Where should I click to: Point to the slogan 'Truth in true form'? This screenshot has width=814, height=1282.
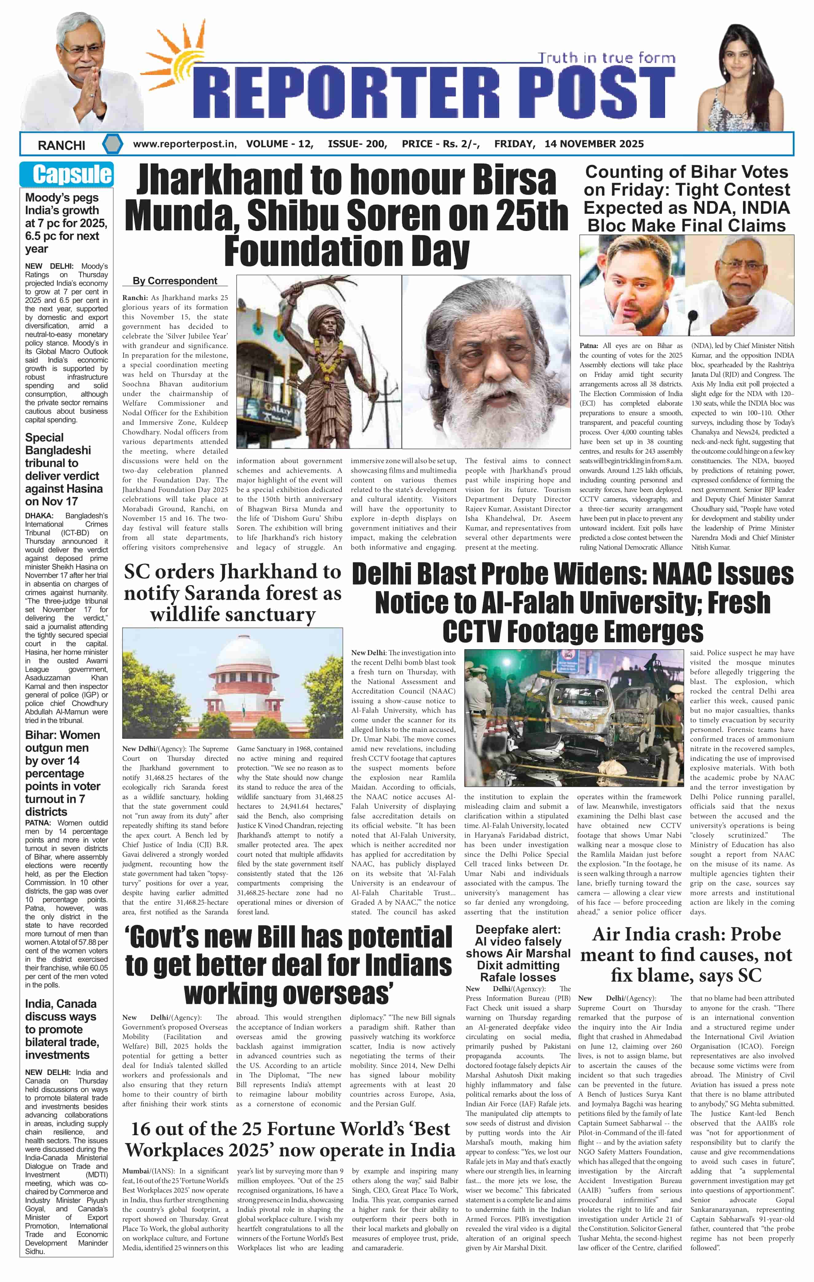(x=606, y=57)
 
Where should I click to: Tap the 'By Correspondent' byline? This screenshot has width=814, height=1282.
(x=174, y=280)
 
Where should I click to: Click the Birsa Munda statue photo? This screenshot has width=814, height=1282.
(x=318, y=362)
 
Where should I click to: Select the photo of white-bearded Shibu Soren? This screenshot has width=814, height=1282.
(x=486, y=362)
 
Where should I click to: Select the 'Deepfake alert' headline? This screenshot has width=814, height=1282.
(x=518, y=953)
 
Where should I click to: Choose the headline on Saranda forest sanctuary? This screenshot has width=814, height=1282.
(x=233, y=592)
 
